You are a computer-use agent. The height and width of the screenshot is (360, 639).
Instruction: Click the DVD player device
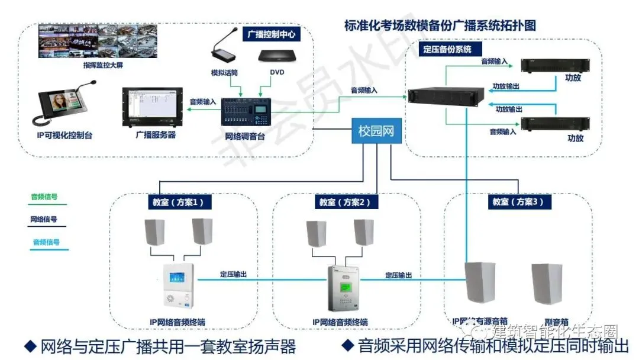pos(277,56)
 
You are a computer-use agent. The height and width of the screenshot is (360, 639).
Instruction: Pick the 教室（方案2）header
pos(345,202)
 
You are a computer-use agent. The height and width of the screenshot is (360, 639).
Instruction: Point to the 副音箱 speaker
pos(550,284)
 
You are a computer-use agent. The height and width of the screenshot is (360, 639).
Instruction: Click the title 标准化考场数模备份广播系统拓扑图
pos(440,25)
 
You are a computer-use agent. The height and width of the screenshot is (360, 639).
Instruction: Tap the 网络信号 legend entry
pos(44,219)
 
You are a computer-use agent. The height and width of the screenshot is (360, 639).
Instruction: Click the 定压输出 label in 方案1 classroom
pos(233,275)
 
